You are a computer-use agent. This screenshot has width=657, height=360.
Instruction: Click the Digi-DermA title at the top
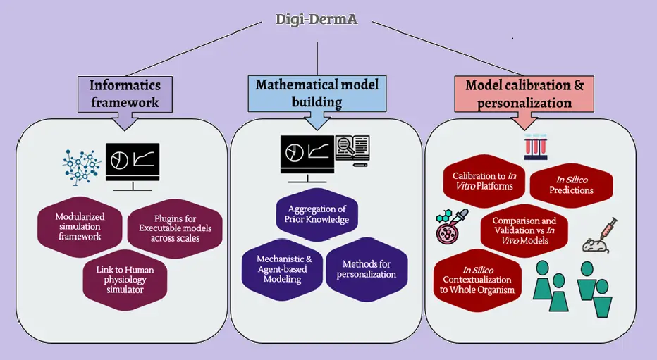click(x=317, y=19)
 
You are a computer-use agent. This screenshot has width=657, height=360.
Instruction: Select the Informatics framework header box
click(x=125, y=94)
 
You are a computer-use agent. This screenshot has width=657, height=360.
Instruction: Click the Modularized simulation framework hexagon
click(x=78, y=226)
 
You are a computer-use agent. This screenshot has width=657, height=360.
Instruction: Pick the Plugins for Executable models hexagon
click(x=176, y=228)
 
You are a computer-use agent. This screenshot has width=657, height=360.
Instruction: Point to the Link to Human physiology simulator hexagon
click(x=124, y=278)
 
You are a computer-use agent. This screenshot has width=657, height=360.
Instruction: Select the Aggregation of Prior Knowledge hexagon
click(x=317, y=214)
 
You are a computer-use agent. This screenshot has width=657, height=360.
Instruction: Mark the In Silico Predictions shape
click(x=571, y=185)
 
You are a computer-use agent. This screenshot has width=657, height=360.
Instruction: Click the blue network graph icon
click(x=82, y=164)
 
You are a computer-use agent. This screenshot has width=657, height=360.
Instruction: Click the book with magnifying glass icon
click(x=352, y=150)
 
